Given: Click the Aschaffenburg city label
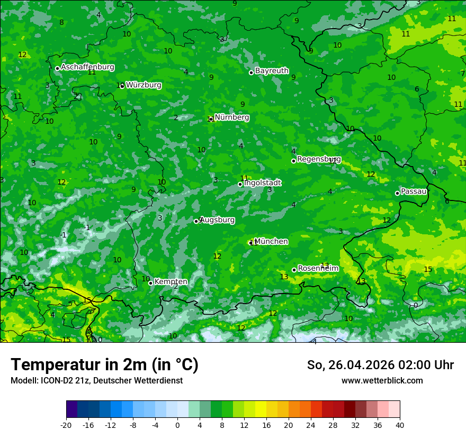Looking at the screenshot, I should [x=87, y=67].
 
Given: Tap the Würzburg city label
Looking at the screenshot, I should [x=144, y=85].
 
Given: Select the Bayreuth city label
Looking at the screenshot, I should [x=272, y=70].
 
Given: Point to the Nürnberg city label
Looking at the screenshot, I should [x=232, y=117].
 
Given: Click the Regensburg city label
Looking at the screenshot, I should [x=319, y=159].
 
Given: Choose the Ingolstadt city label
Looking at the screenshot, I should [x=262, y=182].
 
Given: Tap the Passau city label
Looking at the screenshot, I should [x=414, y=191].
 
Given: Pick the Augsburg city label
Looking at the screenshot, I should [x=217, y=219].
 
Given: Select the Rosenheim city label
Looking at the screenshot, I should [x=318, y=269].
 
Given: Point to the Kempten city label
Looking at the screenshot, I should [x=171, y=282].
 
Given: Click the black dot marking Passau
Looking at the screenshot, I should [x=397, y=193].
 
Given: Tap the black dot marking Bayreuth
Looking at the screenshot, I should [x=251, y=72].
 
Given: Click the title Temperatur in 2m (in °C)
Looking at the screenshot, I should [x=104, y=364].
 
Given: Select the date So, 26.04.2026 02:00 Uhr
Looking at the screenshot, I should [x=380, y=365].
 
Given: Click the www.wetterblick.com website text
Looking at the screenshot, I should [x=382, y=380].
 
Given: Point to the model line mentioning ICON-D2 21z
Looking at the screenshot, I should [x=96, y=380].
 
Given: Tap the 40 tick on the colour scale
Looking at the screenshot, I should [x=400, y=425].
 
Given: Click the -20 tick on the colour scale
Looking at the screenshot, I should [x=66, y=425].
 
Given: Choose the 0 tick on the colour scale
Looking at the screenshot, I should [x=177, y=425].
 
